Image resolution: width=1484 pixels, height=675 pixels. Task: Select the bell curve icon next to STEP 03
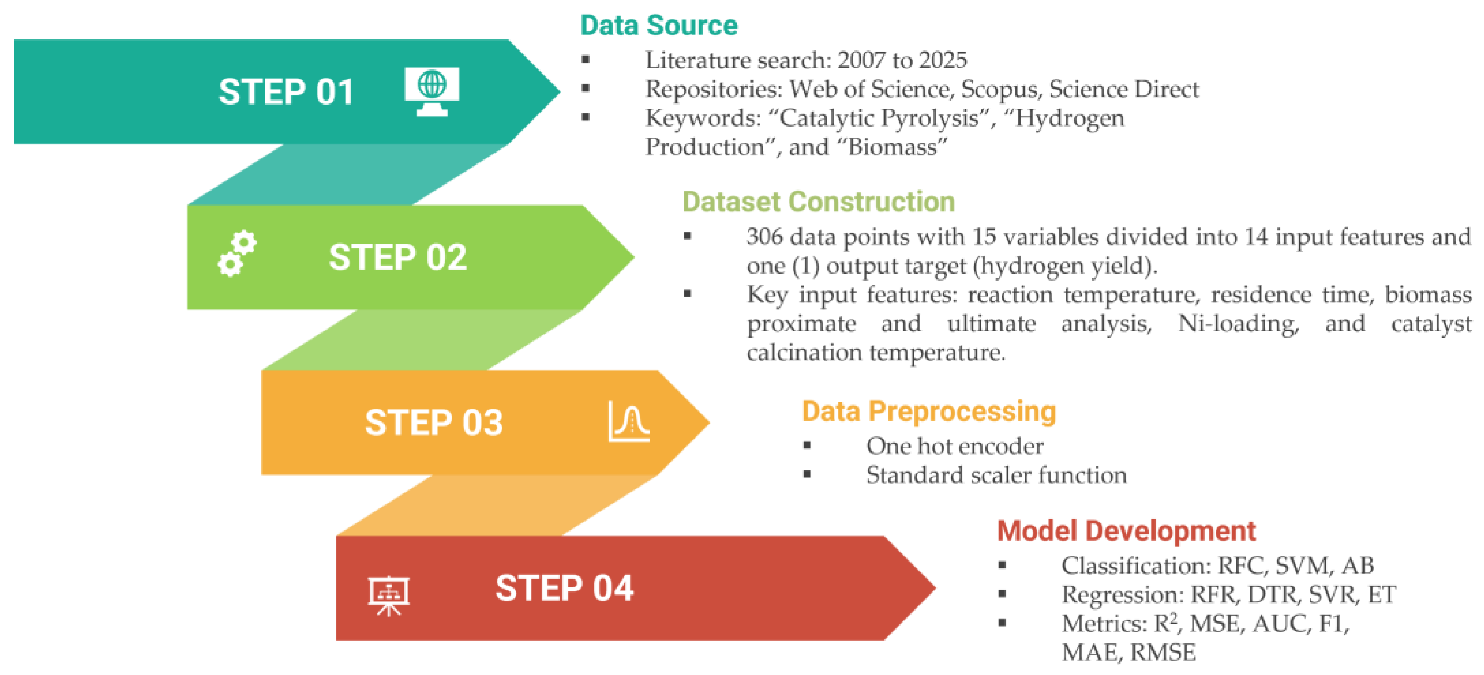click(x=629, y=422)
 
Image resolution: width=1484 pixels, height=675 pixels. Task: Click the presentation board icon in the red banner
click(x=389, y=596)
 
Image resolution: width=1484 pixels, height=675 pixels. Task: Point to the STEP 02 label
click(x=397, y=257)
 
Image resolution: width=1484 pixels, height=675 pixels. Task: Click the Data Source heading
click(x=659, y=25)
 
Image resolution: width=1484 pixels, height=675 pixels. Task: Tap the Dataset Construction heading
click(x=819, y=202)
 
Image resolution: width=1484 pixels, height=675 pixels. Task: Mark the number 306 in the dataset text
click(x=764, y=236)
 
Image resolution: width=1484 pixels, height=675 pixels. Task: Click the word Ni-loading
click(x=1239, y=324)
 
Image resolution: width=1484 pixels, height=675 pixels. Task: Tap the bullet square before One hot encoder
click(x=807, y=445)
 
